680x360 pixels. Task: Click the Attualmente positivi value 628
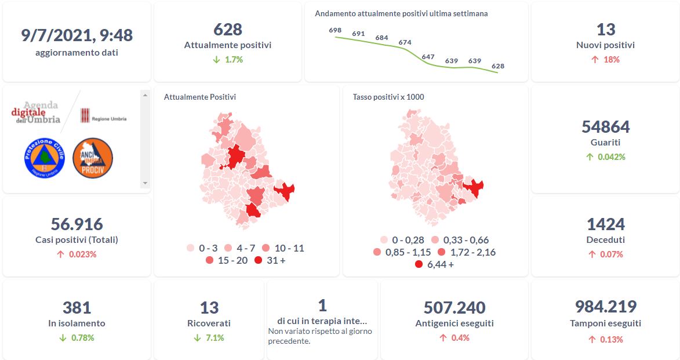(227, 30)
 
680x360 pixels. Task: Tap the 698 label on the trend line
(335, 30)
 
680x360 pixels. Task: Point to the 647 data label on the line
(428, 57)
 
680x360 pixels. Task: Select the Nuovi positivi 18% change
(605, 60)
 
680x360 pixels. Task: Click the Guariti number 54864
(605, 127)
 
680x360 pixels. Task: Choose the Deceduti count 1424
(605, 224)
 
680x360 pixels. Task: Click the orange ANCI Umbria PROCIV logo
(93, 158)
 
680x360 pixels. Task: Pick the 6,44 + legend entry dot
(419, 265)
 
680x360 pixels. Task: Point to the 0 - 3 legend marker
(190, 249)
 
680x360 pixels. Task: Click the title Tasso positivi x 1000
(388, 97)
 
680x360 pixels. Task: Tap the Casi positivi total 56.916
(77, 224)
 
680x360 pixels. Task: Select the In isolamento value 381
(77, 308)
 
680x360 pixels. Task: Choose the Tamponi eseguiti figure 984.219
(605, 307)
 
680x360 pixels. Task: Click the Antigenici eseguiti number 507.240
(454, 308)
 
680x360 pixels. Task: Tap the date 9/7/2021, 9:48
(77, 36)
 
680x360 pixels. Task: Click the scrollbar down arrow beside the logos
(145, 183)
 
